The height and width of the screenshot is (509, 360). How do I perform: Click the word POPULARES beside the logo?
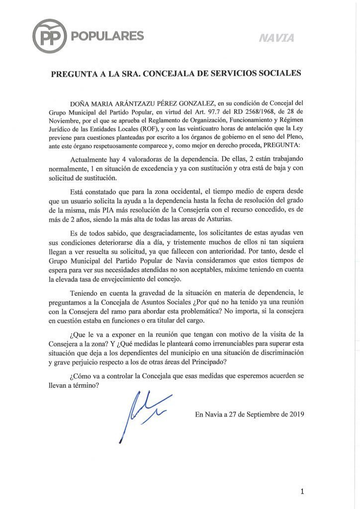[x=107, y=36]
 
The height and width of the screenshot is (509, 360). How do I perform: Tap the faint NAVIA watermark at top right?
[x=276, y=38]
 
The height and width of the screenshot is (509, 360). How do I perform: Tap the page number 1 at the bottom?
[x=302, y=492]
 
